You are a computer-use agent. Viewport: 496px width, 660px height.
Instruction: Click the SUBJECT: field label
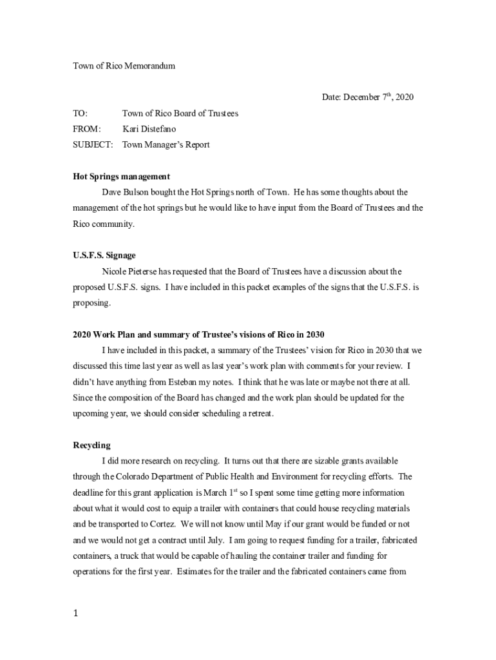[x=93, y=145]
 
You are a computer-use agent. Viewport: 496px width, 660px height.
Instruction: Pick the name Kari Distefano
[x=149, y=129]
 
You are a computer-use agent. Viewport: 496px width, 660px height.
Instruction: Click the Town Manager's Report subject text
[x=166, y=145]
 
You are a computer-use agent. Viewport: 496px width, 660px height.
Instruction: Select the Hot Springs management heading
[x=121, y=177]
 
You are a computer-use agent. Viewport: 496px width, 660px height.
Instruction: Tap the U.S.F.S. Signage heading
[x=104, y=256]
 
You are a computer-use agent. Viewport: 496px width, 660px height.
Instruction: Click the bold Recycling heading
[x=91, y=445]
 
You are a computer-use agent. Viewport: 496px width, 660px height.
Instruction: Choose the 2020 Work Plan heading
[x=198, y=335]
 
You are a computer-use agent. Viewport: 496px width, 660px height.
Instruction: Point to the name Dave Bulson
[x=124, y=192]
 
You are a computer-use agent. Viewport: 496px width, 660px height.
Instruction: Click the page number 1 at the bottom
[x=75, y=614]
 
